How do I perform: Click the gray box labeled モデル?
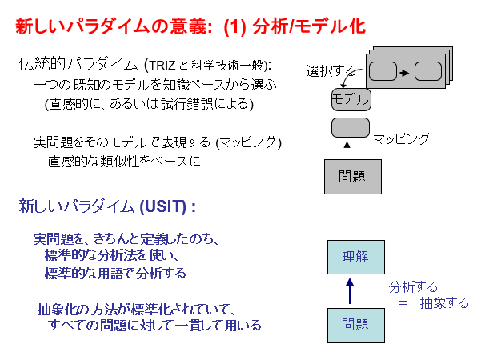click(351, 99)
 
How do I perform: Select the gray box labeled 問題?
click(353, 177)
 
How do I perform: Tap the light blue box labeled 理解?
click(356, 258)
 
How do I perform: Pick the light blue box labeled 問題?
click(356, 326)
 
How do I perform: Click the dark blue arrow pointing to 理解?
click(350, 291)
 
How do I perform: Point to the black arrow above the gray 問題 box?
click(347, 150)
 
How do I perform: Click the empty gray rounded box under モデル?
click(351, 128)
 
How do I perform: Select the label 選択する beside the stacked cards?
click(331, 71)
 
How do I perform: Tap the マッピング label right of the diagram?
click(401, 139)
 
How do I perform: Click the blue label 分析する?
click(413, 287)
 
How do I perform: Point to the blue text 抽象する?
click(444, 303)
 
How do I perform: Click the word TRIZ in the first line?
click(162, 66)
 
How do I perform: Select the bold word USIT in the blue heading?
click(162, 206)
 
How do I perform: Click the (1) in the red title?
click(234, 27)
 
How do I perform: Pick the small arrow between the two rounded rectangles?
click(404, 73)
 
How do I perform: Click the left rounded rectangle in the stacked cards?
click(383, 71)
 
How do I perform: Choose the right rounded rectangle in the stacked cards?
click(428, 71)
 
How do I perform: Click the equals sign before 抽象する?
click(403, 303)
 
